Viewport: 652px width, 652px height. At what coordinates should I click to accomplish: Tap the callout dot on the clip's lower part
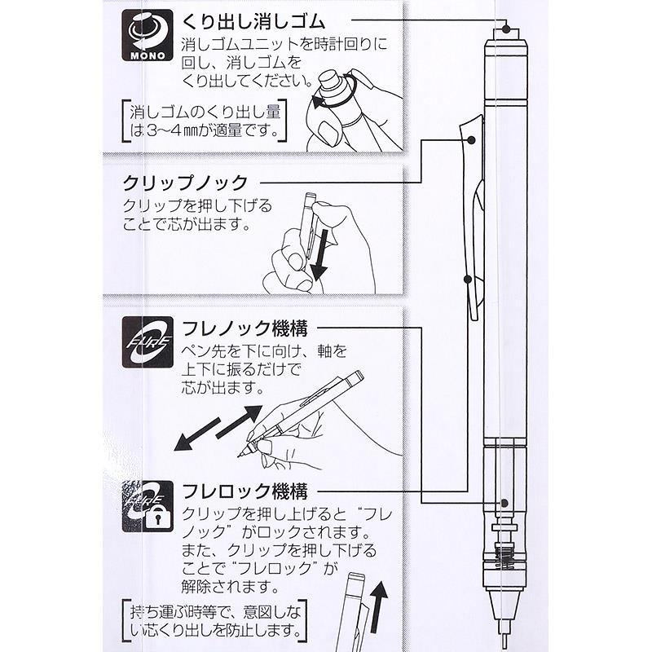(466, 279)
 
